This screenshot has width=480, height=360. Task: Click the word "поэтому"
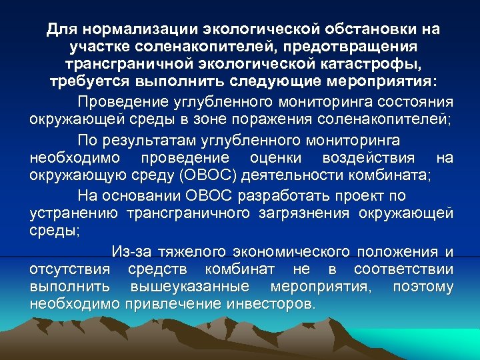point(423,287)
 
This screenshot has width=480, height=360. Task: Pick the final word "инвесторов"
point(269,305)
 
